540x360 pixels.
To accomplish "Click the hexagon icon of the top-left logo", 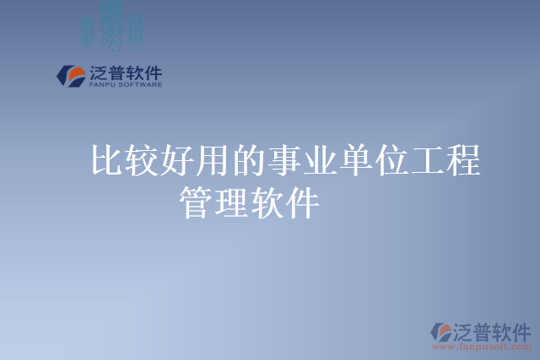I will coord(70,76).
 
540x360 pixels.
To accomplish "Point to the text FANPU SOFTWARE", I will coord(125,84).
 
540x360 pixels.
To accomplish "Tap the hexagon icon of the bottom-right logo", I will coord(440,331).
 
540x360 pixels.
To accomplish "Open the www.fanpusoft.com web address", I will coord(481,346).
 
